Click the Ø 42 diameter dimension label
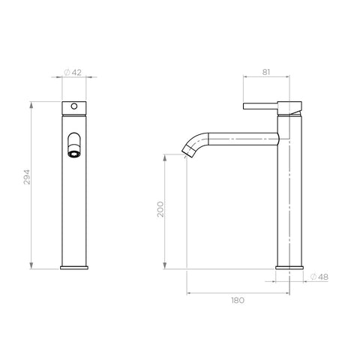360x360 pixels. click(73, 73)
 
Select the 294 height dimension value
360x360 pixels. click(27, 177)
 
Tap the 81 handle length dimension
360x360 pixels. click(266, 72)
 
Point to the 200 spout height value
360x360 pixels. click(160, 209)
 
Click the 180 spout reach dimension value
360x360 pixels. click(238, 300)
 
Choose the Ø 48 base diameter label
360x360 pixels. click(319, 277)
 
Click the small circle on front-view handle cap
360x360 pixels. click(74, 106)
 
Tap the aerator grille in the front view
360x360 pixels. click(74, 154)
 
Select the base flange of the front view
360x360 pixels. click(74, 268)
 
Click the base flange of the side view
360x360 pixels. click(289, 268)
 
